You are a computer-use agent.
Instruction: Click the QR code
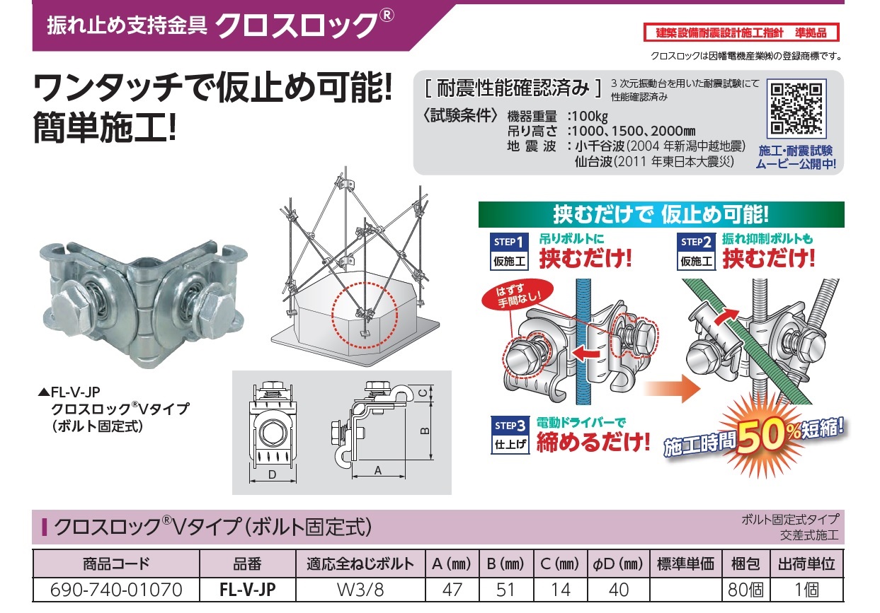coord(796,109)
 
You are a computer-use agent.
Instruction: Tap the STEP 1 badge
coord(509,251)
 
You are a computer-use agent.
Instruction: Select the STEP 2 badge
coord(696,251)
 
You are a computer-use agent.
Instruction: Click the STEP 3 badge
coord(510,435)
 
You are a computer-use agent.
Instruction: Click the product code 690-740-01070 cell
coord(116,590)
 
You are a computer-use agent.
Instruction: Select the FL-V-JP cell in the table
coord(248,590)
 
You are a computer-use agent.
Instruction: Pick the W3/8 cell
coord(360,590)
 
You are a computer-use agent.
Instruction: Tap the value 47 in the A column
coord(452,590)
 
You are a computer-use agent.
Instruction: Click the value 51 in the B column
coord(505,590)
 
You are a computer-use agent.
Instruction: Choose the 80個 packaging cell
coord(745,590)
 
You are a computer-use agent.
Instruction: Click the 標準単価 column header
coord(685,564)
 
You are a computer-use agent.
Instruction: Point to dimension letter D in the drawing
coord(272,475)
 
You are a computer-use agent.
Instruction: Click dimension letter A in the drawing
coord(378,470)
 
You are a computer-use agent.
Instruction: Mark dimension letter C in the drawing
coord(424,393)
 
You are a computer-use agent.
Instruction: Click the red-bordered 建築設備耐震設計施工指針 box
coord(741,33)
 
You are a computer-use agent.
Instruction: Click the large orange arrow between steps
coord(673,388)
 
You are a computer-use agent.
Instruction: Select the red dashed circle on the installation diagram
coord(365,315)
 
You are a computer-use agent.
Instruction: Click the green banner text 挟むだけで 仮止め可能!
coord(661,214)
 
